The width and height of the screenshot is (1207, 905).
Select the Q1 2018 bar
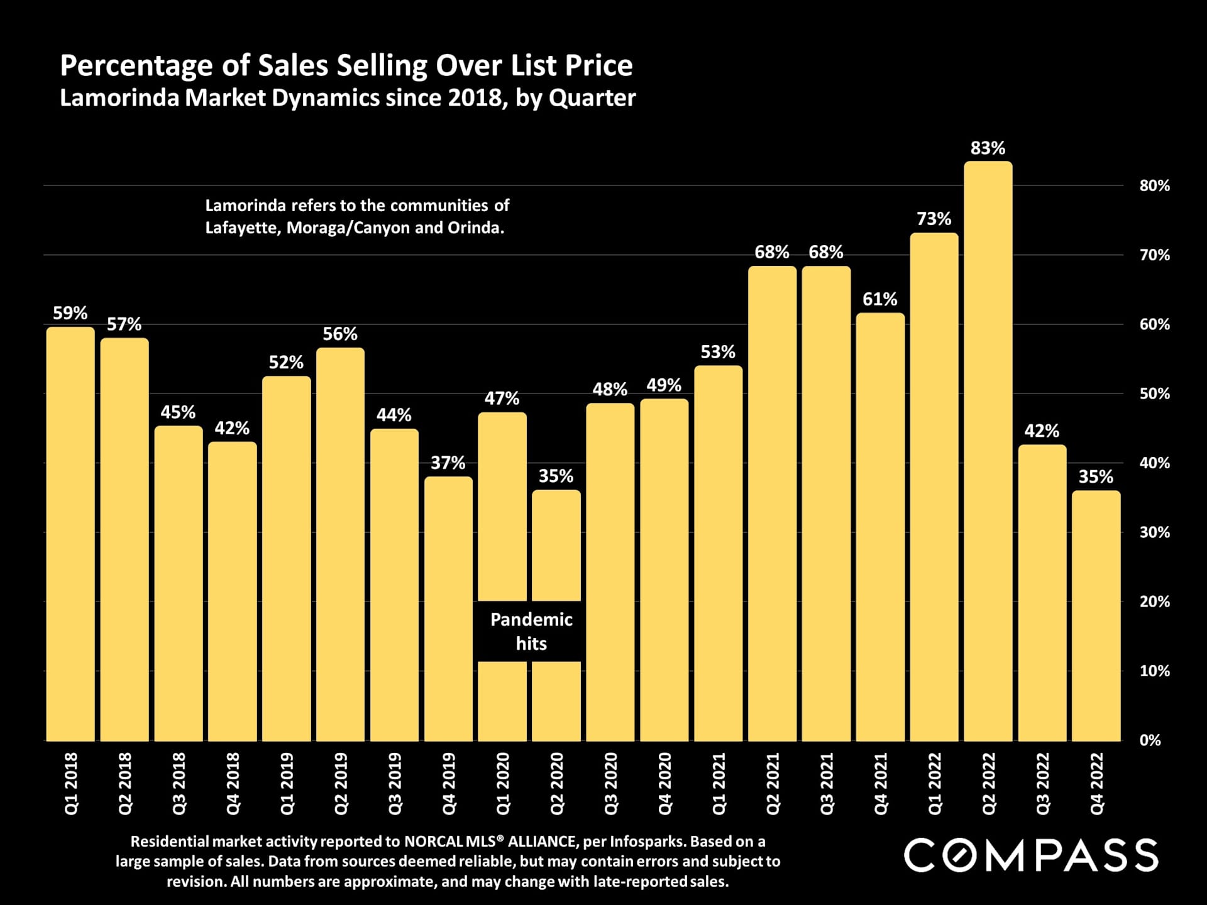pyautogui.click(x=70, y=534)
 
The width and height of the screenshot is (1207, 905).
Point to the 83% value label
pyautogui.click(x=988, y=148)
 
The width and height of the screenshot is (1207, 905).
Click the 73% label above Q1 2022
pyautogui.click(x=934, y=219)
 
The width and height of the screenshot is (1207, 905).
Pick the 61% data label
pyautogui.click(x=879, y=299)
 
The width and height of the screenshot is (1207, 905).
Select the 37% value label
pyautogui.click(x=448, y=463)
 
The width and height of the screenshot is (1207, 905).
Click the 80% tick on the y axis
pyautogui.click(x=1154, y=186)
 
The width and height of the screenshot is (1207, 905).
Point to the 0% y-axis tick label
pyautogui.click(x=1150, y=740)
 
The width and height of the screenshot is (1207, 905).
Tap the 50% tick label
pyautogui.click(x=1154, y=394)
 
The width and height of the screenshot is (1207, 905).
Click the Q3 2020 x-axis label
pyautogui.click(x=611, y=784)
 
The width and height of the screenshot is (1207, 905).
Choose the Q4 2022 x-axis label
pyautogui.click(x=1096, y=784)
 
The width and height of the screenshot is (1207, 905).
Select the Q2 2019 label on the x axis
pyautogui.click(x=341, y=784)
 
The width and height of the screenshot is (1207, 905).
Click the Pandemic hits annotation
pyautogui.click(x=531, y=631)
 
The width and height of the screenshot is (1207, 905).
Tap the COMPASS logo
pyautogui.click(x=1031, y=855)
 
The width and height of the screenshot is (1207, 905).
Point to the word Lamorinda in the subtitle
pyautogui.click(x=119, y=98)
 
